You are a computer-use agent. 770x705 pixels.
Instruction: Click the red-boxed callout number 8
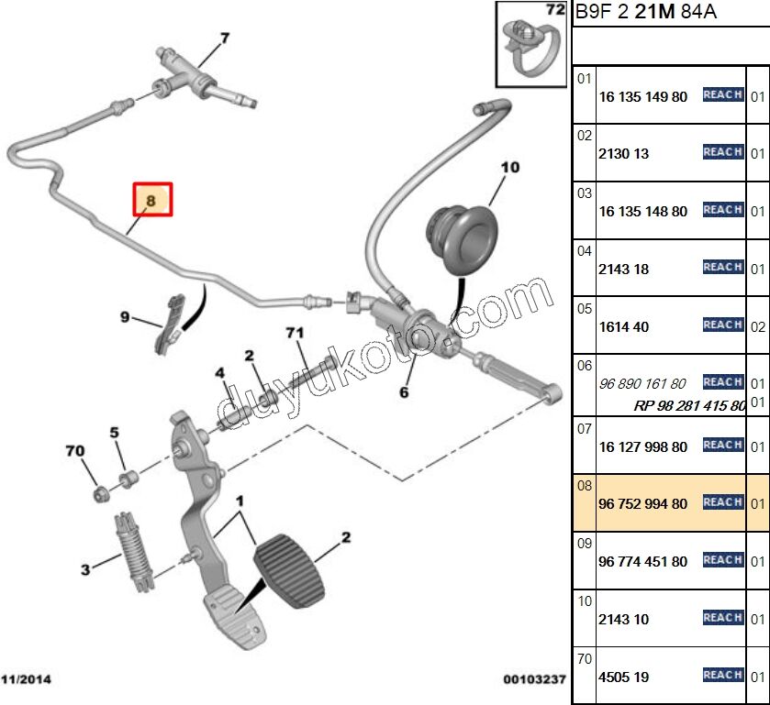pos(152,198)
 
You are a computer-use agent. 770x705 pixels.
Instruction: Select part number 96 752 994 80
pos(642,504)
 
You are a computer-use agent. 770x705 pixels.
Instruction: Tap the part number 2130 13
pos(623,154)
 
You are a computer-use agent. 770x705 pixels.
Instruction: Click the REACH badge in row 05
pos(722,325)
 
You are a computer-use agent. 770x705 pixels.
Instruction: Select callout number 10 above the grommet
pos(509,167)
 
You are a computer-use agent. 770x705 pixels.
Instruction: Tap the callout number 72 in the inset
pos(555,11)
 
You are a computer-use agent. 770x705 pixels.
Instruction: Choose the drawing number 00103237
pos(534,679)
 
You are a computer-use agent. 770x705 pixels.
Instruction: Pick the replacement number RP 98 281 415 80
pos(689,405)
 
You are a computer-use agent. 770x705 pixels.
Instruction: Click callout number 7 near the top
pos(224,38)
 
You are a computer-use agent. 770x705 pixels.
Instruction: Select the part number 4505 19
pos(623,677)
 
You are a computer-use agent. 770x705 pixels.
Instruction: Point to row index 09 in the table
pos(585,543)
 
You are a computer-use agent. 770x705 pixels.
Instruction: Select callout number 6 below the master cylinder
pos(402,391)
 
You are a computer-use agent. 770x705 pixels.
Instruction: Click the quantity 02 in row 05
pos(758,327)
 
